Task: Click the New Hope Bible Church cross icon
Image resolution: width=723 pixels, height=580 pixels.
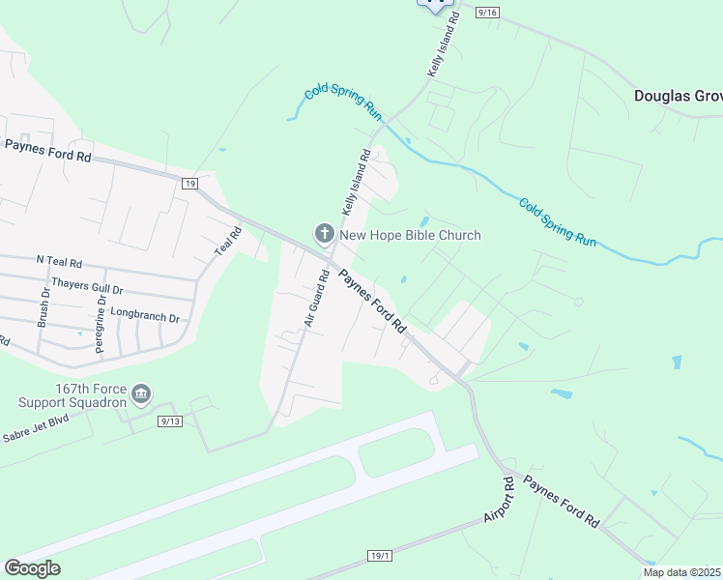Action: [324, 233]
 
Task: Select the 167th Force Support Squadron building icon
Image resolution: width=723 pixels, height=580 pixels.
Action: [141, 393]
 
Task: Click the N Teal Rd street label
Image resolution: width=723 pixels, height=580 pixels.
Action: [59, 261]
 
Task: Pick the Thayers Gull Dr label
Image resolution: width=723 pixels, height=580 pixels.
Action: [88, 286]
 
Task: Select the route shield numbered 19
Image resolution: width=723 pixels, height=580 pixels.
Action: [188, 182]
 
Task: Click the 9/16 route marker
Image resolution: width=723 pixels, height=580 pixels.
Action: [486, 11]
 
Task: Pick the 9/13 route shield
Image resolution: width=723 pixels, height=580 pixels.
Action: [170, 420]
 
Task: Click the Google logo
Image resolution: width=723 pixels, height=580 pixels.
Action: [33, 567]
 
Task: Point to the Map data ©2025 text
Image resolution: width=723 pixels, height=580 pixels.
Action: [681, 572]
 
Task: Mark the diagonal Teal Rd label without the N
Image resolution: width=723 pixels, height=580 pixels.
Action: [228, 241]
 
